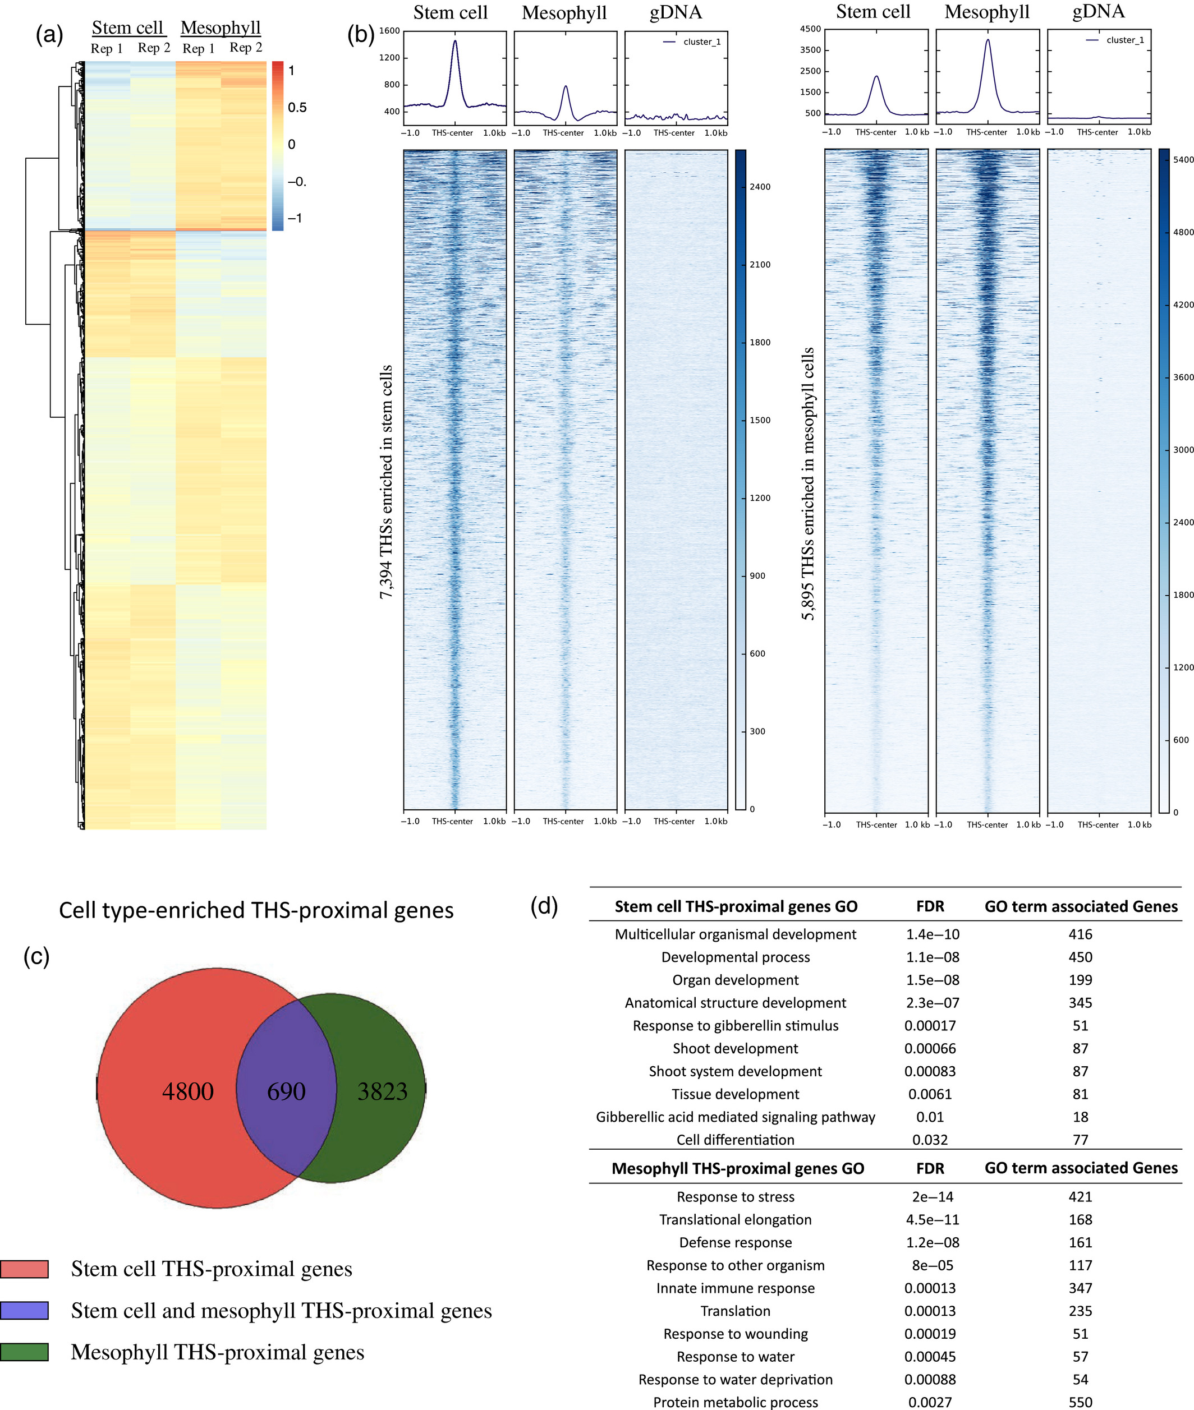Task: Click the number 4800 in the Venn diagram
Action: pos(187,1091)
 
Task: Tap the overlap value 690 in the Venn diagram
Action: pos(286,1091)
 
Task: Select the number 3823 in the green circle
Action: pos(383,1091)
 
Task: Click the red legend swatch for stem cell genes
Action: pos(24,1269)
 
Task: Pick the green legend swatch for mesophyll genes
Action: pos(24,1352)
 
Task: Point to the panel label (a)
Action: pos(49,34)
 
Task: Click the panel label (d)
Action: pos(544,905)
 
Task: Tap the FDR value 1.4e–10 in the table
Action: pos(933,934)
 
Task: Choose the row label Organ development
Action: pos(735,980)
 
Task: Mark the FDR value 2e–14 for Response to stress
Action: pos(933,1197)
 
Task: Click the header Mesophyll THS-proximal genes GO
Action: pos(738,1168)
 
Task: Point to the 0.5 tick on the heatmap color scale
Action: pos(297,108)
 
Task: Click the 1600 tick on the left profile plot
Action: pos(390,30)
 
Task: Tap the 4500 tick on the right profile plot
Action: pos(810,29)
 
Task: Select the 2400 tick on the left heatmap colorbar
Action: pos(760,187)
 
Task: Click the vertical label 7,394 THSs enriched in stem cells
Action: pos(386,482)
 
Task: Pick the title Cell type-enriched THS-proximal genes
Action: pos(256,910)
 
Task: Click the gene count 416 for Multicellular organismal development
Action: pos(1080,934)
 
